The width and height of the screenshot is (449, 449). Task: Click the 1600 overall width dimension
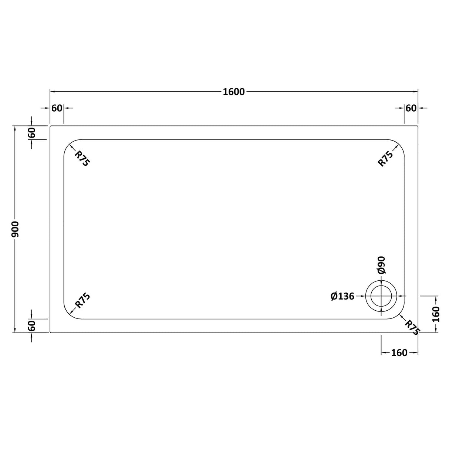coord(234,92)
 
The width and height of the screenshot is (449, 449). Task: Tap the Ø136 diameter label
coord(342,296)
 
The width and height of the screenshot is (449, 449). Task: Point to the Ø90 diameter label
coord(382,265)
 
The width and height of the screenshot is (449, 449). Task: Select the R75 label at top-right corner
coord(385,158)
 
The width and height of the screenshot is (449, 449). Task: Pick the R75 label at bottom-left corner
coord(82,300)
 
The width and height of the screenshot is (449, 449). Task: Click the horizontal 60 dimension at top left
coord(57,108)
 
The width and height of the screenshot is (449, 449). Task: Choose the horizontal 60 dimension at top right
coord(411,108)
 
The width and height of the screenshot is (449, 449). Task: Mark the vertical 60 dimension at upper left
coord(32,132)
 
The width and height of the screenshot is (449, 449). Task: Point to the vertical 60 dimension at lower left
coord(32,326)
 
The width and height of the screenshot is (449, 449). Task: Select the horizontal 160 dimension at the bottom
coord(399,353)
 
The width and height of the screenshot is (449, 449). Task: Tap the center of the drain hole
coord(381,296)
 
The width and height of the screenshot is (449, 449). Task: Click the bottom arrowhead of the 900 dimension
coord(14,330)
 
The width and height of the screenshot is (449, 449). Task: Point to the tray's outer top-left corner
coord(50,126)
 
